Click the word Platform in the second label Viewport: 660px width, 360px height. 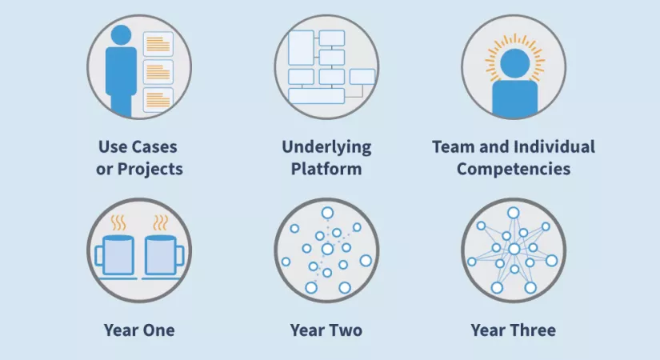(x=326, y=169)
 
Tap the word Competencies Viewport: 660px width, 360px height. (x=514, y=169)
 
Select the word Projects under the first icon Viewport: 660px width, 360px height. (x=150, y=169)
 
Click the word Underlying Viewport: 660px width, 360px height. (x=326, y=147)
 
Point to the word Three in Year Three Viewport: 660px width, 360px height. (x=534, y=330)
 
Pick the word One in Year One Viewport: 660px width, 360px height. (x=157, y=330)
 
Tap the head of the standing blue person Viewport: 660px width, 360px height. (x=122, y=35)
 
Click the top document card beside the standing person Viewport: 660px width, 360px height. (x=158, y=44)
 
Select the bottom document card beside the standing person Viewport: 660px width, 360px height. (x=158, y=100)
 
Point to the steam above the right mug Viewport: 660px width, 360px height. (x=160, y=222)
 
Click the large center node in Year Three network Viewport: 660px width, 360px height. (x=514, y=250)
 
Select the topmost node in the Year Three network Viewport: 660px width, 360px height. (x=513, y=213)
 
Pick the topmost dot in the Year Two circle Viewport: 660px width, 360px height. (x=327, y=213)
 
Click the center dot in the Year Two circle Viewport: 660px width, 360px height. (x=327, y=250)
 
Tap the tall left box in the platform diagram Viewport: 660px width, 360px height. (x=301, y=47)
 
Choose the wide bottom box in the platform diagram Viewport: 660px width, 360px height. (x=317, y=96)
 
